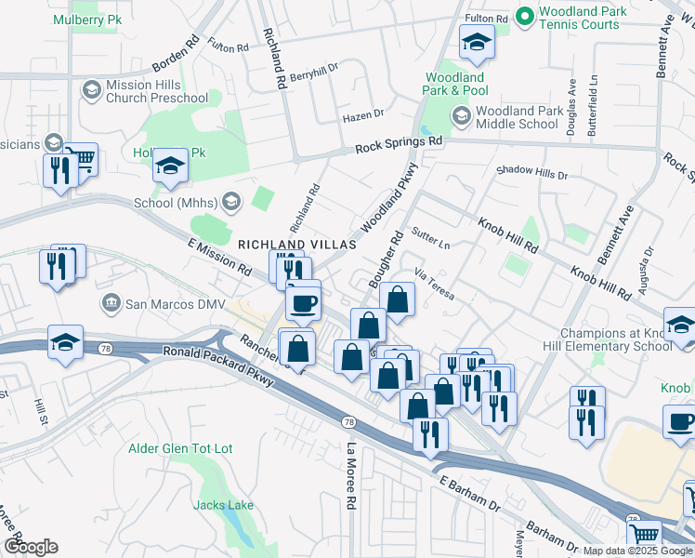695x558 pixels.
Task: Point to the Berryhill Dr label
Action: pos(315,76)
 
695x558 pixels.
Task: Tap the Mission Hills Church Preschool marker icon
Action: pos(91,89)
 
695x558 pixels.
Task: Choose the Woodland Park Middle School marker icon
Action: pos(461,116)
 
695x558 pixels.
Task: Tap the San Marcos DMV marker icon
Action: pos(111,302)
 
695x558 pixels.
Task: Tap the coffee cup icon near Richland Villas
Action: pos(304,301)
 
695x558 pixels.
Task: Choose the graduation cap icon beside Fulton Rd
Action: pos(477,43)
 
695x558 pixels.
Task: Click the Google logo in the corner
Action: pos(32,546)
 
